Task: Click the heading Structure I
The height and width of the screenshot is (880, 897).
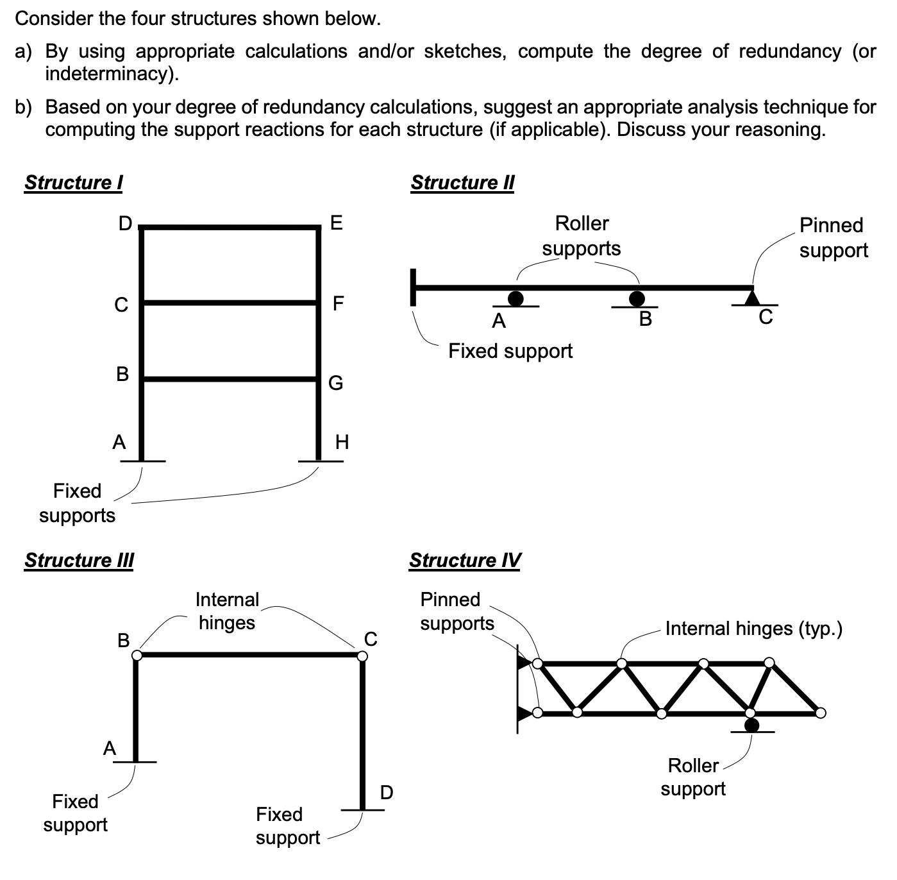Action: [74, 183]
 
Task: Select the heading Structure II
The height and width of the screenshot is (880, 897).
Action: [462, 183]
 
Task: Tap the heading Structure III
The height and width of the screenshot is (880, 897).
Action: [79, 561]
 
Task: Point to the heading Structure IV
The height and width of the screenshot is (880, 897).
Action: [465, 561]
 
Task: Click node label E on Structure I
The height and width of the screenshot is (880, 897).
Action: [335, 223]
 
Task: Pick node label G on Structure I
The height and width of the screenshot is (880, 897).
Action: [335, 383]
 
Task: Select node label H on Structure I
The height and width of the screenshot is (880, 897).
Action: [342, 442]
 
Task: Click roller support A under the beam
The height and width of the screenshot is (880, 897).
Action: [516, 299]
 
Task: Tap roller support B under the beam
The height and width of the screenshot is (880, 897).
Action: [637, 299]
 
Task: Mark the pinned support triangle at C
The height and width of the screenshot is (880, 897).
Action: [753, 297]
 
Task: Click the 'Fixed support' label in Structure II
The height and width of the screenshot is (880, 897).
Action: [510, 351]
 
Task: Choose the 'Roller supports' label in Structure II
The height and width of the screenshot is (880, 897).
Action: [582, 236]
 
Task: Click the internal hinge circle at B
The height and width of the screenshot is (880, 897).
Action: [137, 655]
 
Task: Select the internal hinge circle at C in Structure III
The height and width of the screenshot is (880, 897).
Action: [362, 655]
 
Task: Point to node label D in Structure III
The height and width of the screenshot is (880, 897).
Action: [387, 793]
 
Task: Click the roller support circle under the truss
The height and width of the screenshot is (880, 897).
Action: [751, 725]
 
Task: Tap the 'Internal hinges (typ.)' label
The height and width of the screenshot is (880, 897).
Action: [753, 629]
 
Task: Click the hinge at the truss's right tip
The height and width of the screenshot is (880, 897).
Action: [821, 712]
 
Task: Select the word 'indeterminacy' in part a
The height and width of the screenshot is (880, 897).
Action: [109, 74]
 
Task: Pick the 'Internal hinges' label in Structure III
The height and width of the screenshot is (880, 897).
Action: [227, 611]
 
